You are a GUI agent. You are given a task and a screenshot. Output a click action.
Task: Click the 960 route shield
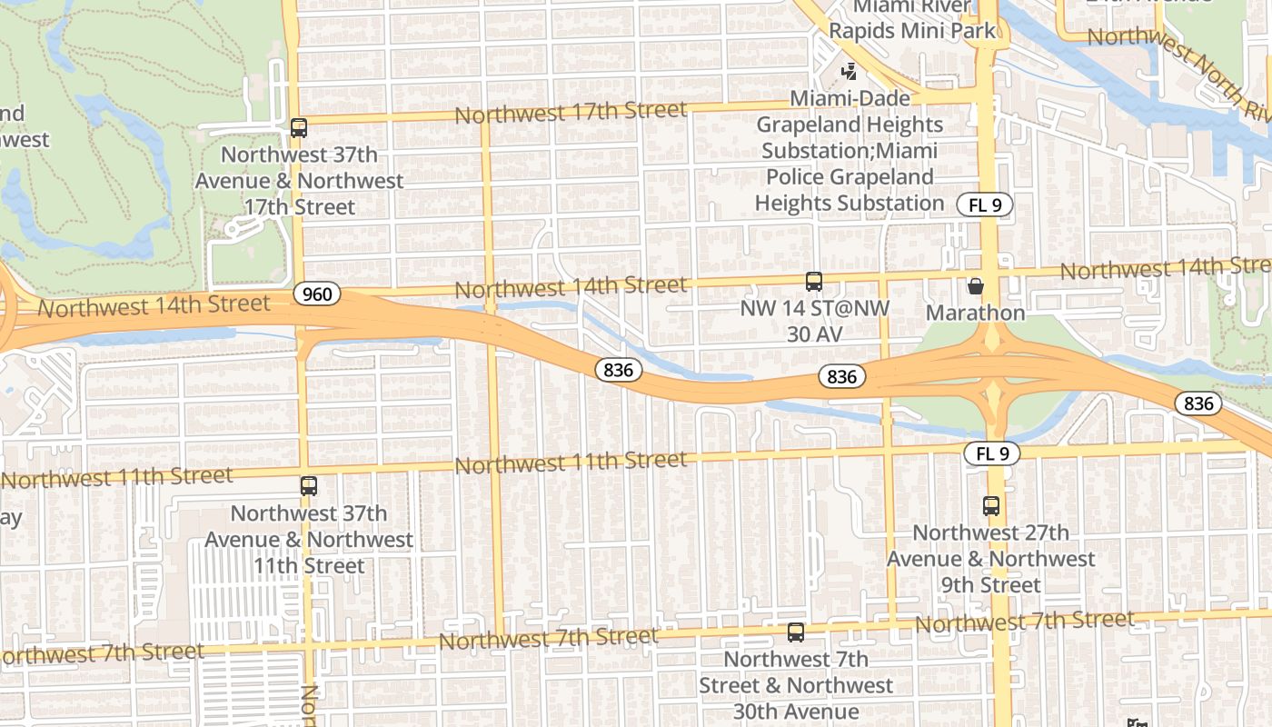pos(317,294)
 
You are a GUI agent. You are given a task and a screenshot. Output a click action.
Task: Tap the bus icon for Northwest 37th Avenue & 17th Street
pos(299,128)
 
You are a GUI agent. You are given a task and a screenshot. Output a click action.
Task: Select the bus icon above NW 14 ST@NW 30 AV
pos(813,282)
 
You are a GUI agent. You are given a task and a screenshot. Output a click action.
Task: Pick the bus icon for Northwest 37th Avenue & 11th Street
pos(309,486)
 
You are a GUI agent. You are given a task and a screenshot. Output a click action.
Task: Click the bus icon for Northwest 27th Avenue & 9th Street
pos(990,506)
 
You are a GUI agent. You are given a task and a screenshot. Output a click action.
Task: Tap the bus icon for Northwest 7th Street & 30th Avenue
pos(796,632)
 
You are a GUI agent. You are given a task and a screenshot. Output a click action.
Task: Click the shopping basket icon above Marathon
pos(976,286)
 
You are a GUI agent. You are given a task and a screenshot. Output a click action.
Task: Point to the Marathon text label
pos(975,313)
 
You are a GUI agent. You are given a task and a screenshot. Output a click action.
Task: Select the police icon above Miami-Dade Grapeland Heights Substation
pos(849,71)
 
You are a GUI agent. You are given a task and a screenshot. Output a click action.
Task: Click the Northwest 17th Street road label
pos(571,113)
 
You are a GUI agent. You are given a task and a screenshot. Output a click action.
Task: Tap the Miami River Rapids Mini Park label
pos(911,20)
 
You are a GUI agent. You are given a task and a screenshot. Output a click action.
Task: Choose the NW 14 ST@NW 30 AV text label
pos(814,321)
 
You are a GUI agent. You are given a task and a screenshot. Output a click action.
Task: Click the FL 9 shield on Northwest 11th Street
pos(992,453)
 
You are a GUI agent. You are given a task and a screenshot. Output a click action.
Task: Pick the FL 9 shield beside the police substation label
pos(984,204)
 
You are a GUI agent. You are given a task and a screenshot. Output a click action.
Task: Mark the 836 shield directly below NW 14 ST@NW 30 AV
pos(842,376)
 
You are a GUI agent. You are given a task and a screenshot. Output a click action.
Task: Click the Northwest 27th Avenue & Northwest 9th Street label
pos(990,558)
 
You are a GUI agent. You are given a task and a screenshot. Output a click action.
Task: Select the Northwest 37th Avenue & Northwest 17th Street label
pos(299,181)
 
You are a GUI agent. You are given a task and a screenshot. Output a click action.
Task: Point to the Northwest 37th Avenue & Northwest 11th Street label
pos(308,539)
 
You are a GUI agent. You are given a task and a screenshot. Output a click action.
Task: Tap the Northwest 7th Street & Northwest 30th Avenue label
pos(796,685)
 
